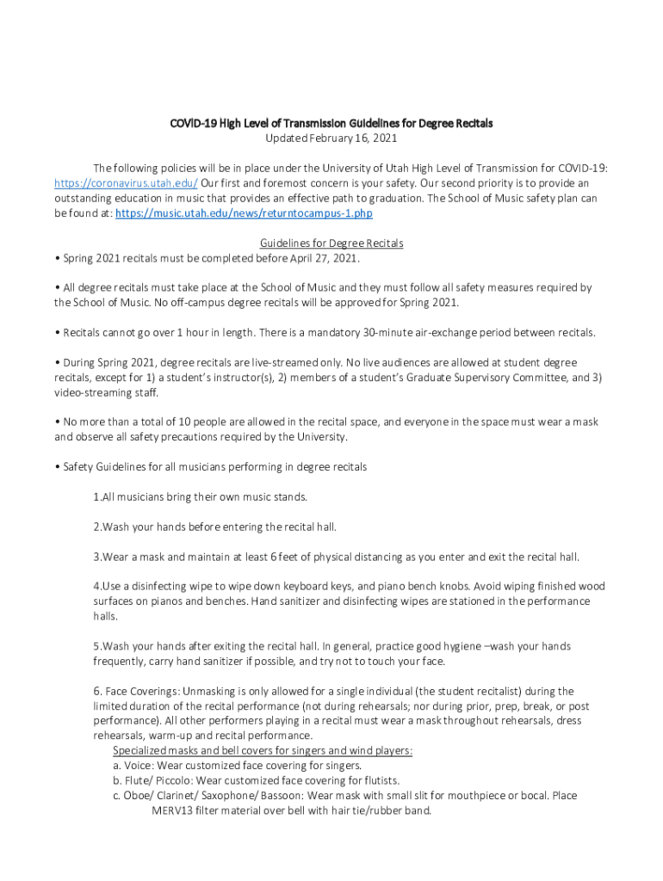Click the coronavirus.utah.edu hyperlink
coord(126,183)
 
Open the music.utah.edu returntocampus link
coord(244,213)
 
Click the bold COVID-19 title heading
coord(331,124)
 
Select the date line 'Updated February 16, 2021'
coord(331,138)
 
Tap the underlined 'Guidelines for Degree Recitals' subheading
coord(331,243)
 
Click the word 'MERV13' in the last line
coord(172,810)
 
